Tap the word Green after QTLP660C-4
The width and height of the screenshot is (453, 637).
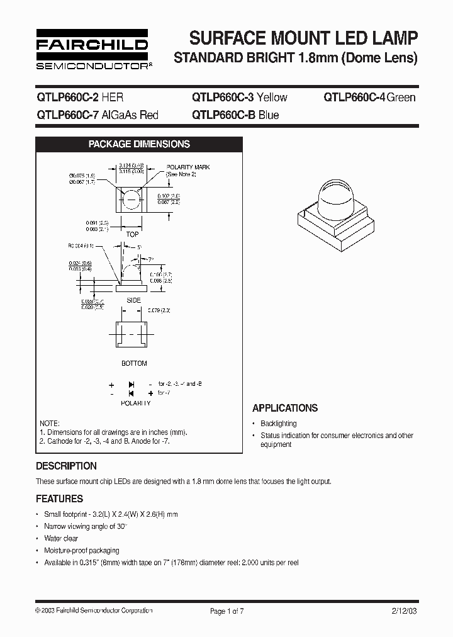[401, 97]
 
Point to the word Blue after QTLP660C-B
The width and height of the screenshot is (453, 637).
[269, 115]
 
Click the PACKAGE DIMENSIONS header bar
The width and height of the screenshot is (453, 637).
[139, 144]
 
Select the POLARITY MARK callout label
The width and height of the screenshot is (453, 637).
[187, 167]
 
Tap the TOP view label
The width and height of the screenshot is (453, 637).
[133, 234]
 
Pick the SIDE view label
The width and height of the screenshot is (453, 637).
[133, 300]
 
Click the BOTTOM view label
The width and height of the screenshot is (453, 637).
[134, 363]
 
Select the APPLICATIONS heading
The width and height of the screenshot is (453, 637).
[285, 408]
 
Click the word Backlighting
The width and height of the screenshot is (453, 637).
[278, 424]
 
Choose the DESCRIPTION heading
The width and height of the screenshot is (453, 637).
[66, 466]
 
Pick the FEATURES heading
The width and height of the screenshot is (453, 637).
[59, 499]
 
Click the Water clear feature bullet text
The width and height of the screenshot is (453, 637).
[61, 538]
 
